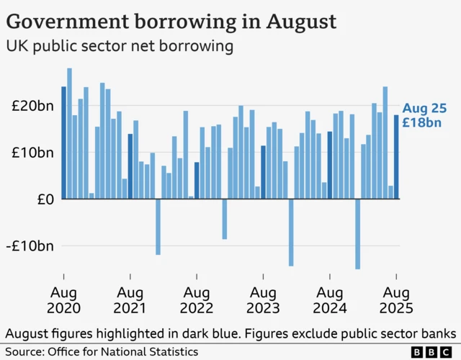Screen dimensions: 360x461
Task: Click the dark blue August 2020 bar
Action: [63, 143]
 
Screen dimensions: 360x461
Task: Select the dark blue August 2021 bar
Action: [130, 166]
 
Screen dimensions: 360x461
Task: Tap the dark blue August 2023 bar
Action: [264, 172]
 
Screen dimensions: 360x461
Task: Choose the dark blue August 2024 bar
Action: [330, 165]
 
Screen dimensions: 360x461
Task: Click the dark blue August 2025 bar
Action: [396, 157]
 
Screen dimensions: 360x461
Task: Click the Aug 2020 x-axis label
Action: [63, 300]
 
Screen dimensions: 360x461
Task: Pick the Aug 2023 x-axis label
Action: [264, 300]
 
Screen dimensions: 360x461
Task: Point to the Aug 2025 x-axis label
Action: [396, 300]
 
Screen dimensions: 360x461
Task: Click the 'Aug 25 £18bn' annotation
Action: [422, 115]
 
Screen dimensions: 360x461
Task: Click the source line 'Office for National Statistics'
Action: [122, 351]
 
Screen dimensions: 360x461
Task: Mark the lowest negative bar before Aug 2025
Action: [357, 234]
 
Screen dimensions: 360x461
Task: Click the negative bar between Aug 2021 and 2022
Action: [158, 227]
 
